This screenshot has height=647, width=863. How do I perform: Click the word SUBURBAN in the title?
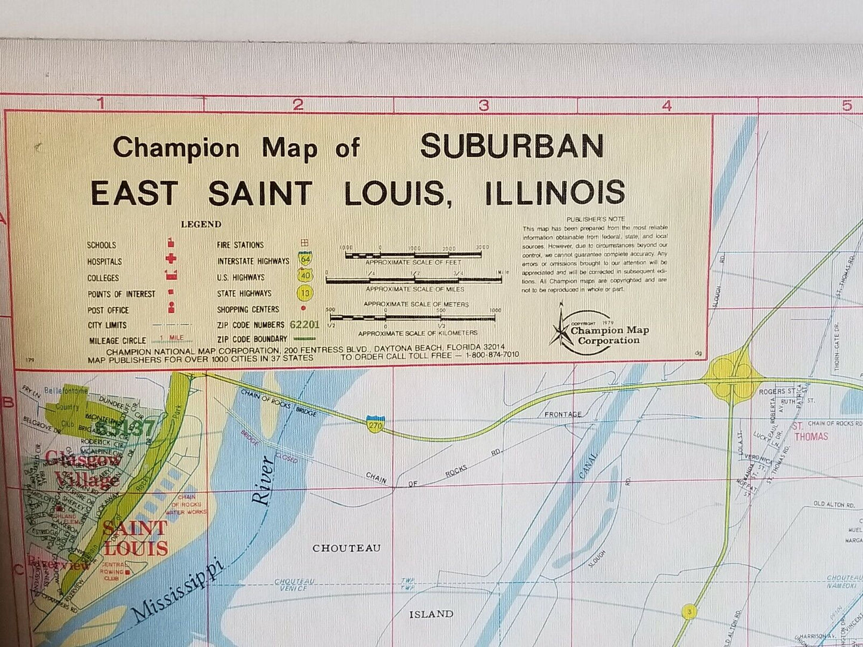512,146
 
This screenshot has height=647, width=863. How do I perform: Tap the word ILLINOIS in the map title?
555,192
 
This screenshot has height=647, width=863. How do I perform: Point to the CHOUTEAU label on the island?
346,548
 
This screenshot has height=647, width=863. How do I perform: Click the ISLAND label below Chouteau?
431,614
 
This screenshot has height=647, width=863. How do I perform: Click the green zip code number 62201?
305,325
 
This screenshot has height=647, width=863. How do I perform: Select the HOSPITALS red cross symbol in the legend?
171,259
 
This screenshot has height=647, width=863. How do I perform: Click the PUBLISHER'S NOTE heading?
595,219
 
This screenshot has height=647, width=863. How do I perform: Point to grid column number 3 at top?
484,105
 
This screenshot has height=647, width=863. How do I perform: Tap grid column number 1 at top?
101,104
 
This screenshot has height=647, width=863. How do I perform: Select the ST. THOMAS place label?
810,432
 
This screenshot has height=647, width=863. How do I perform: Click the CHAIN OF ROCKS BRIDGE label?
279,403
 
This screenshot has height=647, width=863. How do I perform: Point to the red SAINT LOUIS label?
135,538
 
